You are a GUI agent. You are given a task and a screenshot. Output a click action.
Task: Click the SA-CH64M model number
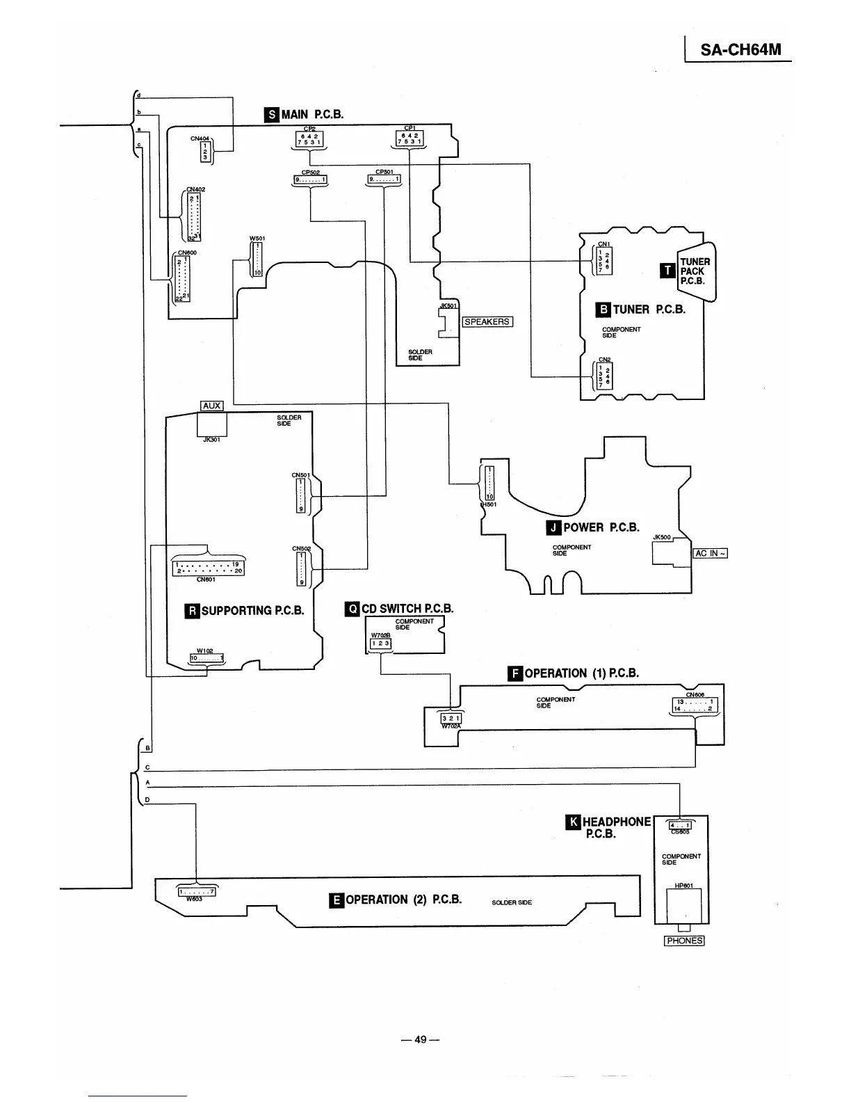pyautogui.click(x=740, y=49)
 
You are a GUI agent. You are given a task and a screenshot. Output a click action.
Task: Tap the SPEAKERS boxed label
pyautogui.click(x=487, y=321)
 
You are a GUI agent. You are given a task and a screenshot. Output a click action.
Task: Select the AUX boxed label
pyautogui.click(x=211, y=406)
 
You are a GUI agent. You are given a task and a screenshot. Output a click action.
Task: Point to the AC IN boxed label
pyautogui.click(x=710, y=552)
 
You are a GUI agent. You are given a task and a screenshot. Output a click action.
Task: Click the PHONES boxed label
pyautogui.click(x=684, y=941)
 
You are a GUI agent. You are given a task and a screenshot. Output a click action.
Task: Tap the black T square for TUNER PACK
pyautogui.click(x=668, y=271)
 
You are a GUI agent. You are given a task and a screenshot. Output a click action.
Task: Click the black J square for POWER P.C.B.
pyautogui.click(x=553, y=527)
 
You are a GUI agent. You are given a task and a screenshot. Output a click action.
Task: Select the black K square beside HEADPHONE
pyautogui.click(x=574, y=822)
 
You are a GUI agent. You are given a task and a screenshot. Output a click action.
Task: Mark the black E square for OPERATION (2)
pyautogui.click(x=336, y=900)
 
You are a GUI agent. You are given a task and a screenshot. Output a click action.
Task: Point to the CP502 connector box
pyautogui.click(x=310, y=180)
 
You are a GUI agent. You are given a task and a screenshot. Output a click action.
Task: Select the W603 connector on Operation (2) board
pyautogui.click(x=198, y=891)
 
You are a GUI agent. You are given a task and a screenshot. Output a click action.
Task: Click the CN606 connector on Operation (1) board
pyautogui.click(x=695, y=705)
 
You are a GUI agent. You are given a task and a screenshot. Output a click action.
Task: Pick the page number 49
pyautogui.click(x=421, y=1039)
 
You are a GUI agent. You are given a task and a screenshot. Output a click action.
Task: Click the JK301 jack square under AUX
pyautogui.click(x=212, y=424)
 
